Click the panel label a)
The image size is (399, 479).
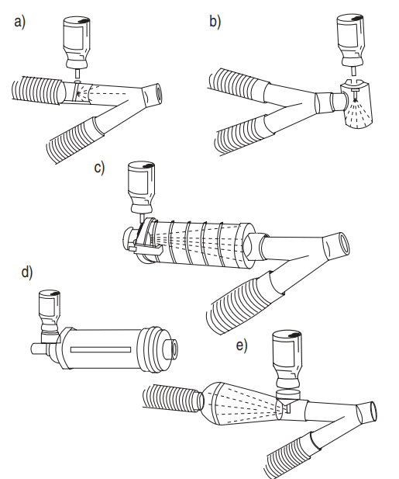coord(20,23)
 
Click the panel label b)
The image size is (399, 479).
coord(215,22)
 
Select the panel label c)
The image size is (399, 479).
coord(99,168)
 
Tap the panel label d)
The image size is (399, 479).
coord(27,272)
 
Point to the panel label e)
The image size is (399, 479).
coord(242,345)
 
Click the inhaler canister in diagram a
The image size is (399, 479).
coord(77,42)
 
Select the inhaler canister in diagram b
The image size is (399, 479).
coord(351,40)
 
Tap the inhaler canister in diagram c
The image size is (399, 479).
coord(141,187)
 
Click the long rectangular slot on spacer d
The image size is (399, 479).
coord(101,350)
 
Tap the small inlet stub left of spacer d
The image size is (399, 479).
coord(39,349)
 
